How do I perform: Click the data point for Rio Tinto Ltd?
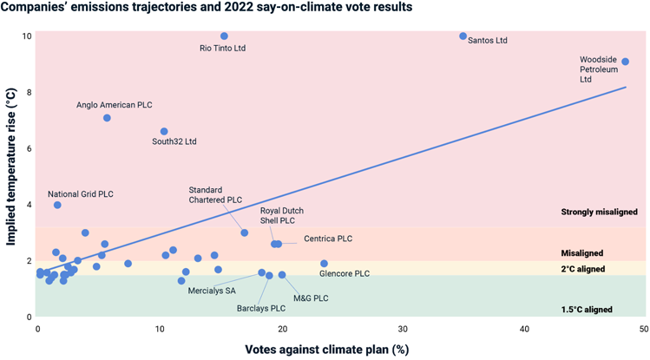point(224,36)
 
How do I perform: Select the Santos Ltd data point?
point(463,36)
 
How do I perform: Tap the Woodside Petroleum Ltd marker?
point(625,62)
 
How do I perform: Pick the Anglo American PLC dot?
point(107,118)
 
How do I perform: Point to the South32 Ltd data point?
point(164,132)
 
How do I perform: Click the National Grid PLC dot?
point(57,206)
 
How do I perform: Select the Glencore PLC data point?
point(324,264)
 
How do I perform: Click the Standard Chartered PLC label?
point(215,194)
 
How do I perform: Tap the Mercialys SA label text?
point(212,291)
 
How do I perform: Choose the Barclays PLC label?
point(260,308)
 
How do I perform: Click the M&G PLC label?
point(311,298)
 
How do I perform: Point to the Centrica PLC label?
point(328,239)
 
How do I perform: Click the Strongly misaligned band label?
point(599,213)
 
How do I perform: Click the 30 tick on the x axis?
point(403,330)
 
